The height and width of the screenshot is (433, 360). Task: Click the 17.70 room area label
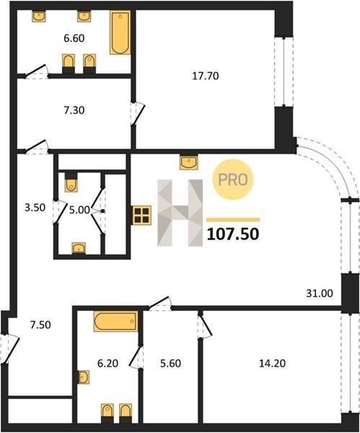coord(206,76)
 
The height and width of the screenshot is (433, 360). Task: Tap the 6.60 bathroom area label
coord(74,38)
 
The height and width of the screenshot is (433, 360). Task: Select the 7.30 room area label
coord(74,110)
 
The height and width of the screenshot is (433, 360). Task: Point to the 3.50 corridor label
coord(35,207)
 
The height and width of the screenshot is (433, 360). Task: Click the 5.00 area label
coord(79,210)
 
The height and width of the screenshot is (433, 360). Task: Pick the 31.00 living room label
coord(320,293)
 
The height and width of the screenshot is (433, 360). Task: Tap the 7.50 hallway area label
coord(40,325)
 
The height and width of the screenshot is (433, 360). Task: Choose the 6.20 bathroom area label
coord(108,364)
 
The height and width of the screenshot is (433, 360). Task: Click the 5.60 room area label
coord(170,364)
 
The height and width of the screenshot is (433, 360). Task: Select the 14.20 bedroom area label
coord(272,364)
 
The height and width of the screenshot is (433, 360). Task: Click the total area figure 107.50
coord(233,234)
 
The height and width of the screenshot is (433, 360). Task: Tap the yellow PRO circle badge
coord(233,180)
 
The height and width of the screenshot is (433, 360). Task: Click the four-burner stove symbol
coord(142,215)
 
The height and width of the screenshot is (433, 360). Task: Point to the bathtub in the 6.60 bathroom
coord(120,32)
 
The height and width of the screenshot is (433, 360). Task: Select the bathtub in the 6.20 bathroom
coord(115,321)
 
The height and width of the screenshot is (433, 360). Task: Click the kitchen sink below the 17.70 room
coord(188,162)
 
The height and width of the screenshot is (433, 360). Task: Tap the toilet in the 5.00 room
coord(71,183)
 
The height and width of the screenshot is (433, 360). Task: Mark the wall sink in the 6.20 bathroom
coord(84,377)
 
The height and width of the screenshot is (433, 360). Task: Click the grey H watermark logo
coord(180,213)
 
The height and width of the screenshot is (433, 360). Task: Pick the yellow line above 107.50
coord(233,220)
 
